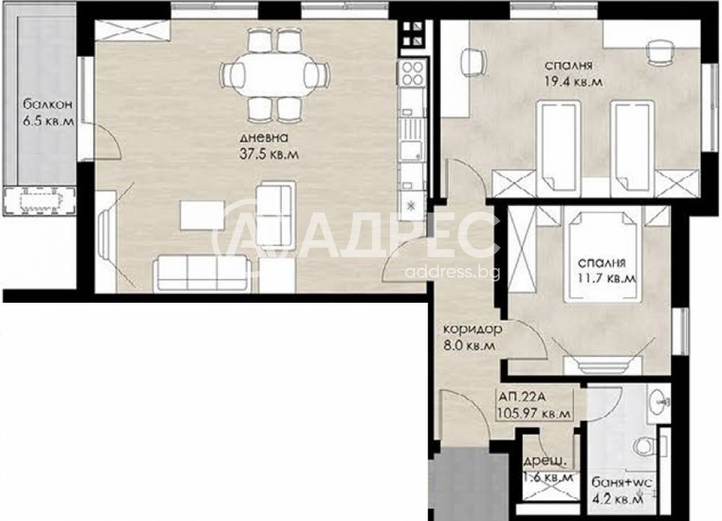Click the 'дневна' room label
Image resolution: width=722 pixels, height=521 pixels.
tap(264, 138)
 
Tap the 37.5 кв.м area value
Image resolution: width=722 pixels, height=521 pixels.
tap(269, 154)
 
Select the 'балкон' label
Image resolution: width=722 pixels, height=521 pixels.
tap(48, 105)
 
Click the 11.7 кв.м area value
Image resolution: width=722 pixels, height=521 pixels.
tap(607, 278)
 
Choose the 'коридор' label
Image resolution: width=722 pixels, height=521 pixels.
tap(472, 330)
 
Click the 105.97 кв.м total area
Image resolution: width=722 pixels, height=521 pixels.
tap(534, 413)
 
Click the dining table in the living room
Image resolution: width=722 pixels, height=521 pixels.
tap(274, 74)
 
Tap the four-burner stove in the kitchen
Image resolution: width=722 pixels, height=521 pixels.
tap(412, 73)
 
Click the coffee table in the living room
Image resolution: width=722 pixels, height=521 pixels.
tap(202, 215)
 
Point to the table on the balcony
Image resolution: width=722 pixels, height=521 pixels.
tap(40, 202)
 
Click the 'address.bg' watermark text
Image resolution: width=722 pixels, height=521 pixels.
tap(452, 272)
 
